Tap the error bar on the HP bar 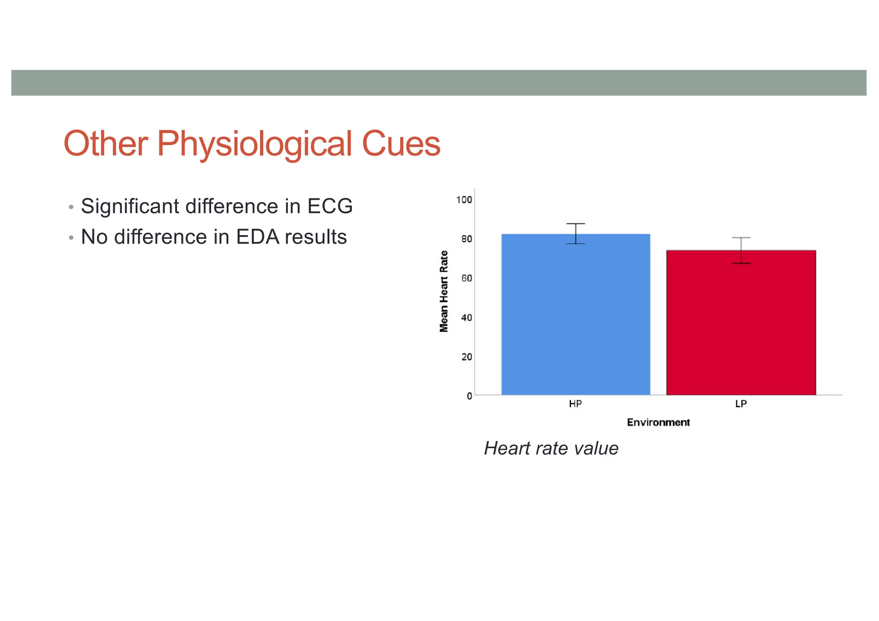[x=576, y=233]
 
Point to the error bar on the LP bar [x=741, y=250]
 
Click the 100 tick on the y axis [x=464, y=200]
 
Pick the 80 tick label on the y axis [x=467, y=239]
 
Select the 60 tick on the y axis [x=467, y=278]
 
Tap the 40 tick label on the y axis [x=467, y=318]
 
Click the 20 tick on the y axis [x=467, y=357]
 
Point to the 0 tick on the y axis [x=470, y=396]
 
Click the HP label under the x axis [x=576, y=404]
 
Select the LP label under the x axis [x=741, y=404]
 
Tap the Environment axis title [x=658, y=422]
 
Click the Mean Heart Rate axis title [x=444, y=292]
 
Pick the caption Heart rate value [x=551, y=448]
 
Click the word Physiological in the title [x=254, y=144]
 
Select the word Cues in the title [x=401, y=144]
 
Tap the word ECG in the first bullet [x=330, y=206]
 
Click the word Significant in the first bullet [x=130, y=206]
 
